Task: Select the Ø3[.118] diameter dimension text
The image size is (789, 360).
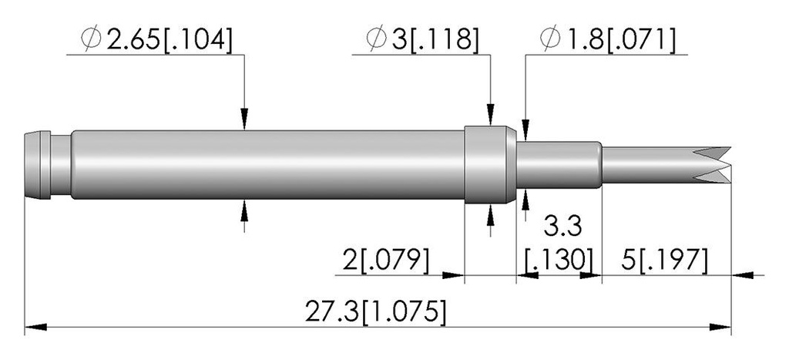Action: pyautogui.click(x=422, y=39)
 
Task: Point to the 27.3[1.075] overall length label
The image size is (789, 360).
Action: pyautogui.click(x=375, y=311)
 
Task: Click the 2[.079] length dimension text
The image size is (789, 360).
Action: pyautogui.click(x=386, y=261)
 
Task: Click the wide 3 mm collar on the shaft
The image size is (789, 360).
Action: pyautogui.click(x=490, y=165)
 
